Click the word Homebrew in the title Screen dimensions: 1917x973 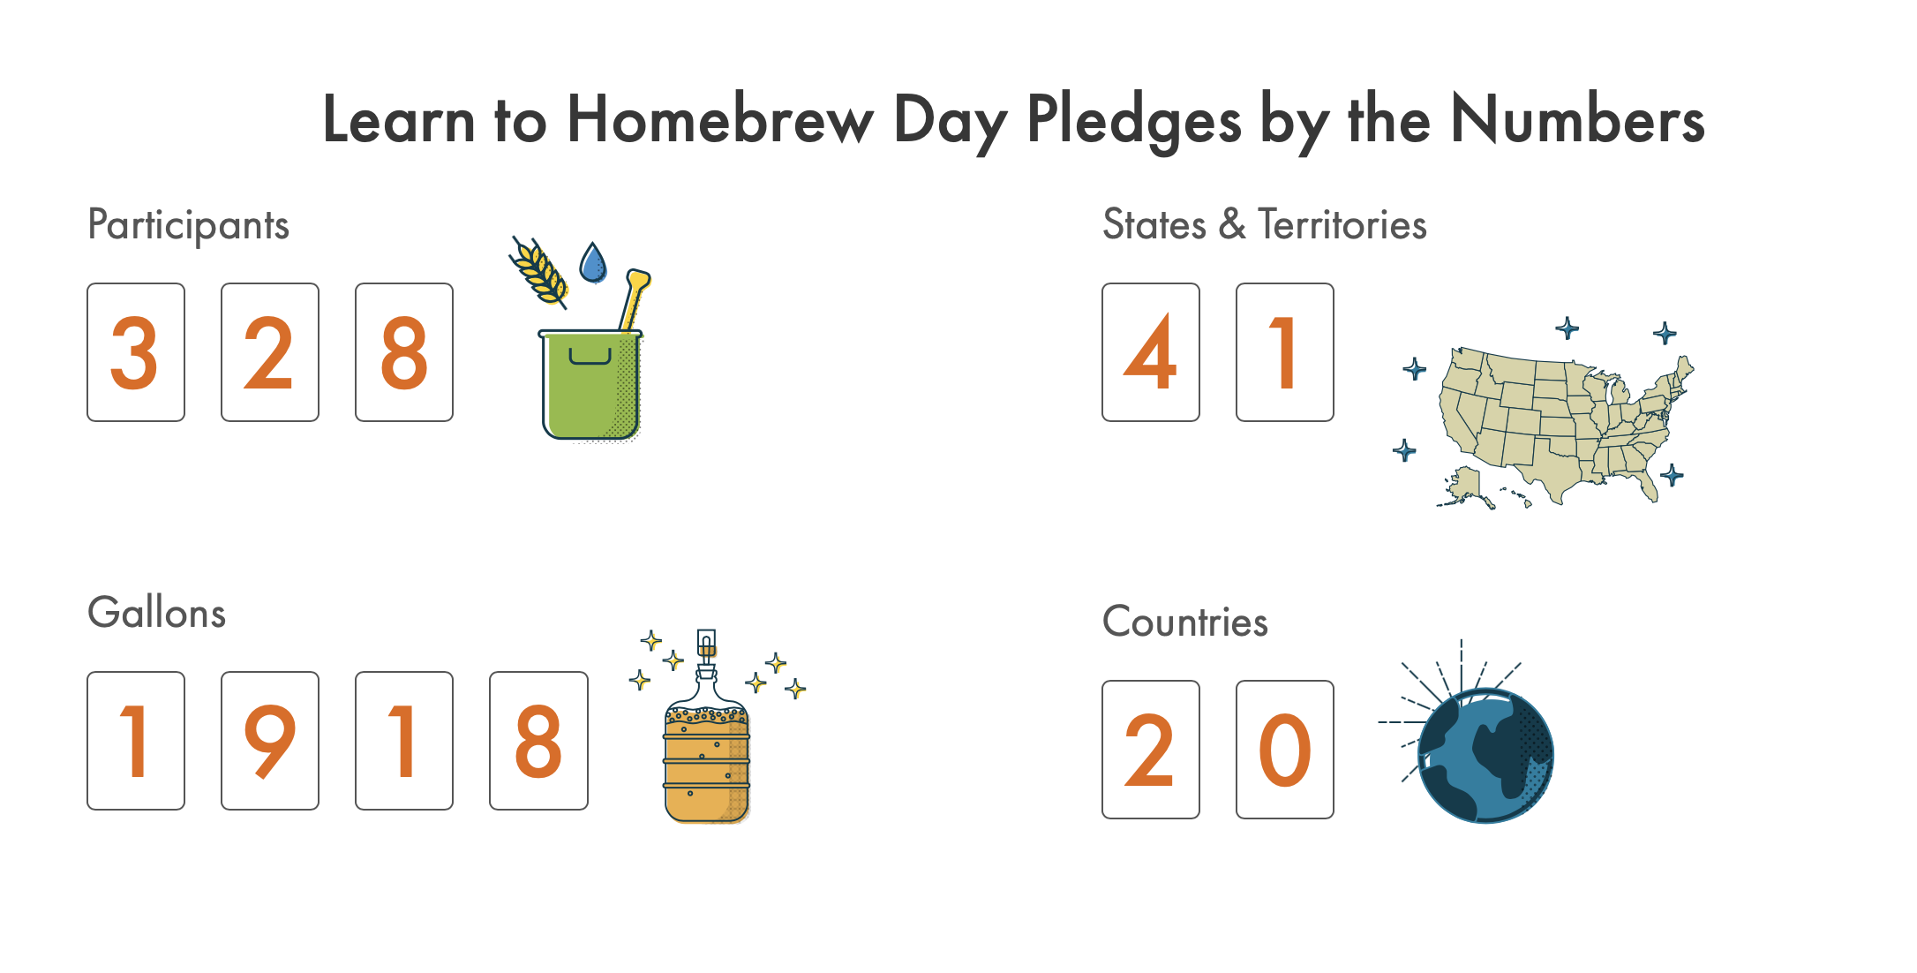tap(719, 120)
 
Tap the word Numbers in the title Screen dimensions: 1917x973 tap(1577, 120)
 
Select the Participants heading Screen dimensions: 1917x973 tap(188, 226)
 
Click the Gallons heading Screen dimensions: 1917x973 tap(156, 613)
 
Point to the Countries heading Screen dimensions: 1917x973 tap(1185, 622)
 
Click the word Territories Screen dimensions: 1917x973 tap(1342, 224)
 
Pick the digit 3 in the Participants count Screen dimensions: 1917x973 tap(134, 353)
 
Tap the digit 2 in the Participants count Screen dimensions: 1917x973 tap(268, 353)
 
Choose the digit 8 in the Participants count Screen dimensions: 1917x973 tap(404, 353)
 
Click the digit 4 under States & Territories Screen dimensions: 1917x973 tap(1150, 352)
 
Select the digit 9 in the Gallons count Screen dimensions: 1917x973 tap(269, 742)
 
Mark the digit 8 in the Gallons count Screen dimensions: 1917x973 tap(538, 742)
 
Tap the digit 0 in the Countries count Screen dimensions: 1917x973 tap(1285, 750)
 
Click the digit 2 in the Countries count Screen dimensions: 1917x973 tap(1149, 750)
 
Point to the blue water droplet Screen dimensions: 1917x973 tap(593, 262)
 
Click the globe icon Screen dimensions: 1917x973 tap(1486, 756)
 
